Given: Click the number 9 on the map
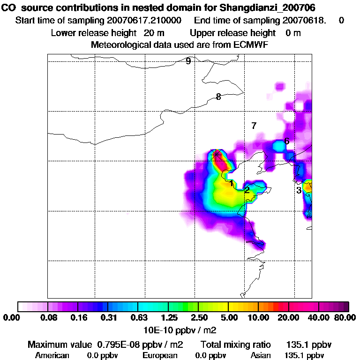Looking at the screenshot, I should click(188, 61).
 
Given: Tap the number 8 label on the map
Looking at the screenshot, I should click(218, 97).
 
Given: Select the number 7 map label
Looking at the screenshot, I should click(254, 126).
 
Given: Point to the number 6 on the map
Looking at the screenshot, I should click(286, 141).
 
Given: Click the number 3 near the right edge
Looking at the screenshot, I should click(299, 190).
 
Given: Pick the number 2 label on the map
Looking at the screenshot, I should click(247, 190).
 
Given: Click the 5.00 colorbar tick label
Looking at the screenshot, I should click(228, 318).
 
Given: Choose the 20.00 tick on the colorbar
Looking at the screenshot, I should click(289, 318).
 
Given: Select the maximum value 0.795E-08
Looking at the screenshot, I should click(123, 345).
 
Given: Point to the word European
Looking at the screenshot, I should click(160, 355).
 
